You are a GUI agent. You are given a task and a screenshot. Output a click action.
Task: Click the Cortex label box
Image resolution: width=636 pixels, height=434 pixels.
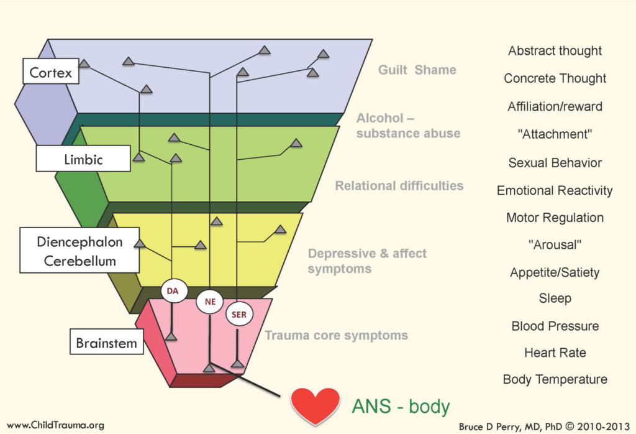click(51, 73)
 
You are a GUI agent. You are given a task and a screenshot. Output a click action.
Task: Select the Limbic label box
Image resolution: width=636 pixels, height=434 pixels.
click(83, 159)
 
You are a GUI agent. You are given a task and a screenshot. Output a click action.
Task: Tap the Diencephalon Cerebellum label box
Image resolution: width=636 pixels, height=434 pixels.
click(79, 251)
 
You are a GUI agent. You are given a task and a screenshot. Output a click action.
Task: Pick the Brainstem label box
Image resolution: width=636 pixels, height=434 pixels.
click(106, 343)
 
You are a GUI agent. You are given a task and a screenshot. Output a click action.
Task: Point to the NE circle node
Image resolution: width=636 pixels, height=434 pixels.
click(209, 302)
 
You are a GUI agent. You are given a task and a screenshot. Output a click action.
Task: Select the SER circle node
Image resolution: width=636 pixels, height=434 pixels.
click(238, 315)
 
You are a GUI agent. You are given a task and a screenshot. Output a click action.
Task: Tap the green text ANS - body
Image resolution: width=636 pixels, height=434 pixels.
click(401, 407)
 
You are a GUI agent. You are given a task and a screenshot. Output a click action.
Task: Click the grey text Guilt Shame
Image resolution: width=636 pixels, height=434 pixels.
click(417, 70)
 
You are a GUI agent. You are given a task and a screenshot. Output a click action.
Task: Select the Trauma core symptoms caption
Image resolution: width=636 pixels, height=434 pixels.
click(336, 336)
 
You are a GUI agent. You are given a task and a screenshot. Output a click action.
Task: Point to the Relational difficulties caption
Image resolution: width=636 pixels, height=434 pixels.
click(399, 185)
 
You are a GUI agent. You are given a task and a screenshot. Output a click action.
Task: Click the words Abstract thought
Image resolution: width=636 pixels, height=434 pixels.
click(555, 51)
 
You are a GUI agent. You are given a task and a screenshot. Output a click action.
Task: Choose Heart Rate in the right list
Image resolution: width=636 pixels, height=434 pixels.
click(555, 353)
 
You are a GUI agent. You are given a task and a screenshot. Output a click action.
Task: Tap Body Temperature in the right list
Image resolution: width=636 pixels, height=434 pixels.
click(555, 379)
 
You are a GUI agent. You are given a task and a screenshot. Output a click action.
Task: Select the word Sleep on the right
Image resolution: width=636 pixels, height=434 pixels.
click(555, 298)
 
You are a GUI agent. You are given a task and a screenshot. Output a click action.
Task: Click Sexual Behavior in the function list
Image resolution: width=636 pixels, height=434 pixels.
click(555, 163)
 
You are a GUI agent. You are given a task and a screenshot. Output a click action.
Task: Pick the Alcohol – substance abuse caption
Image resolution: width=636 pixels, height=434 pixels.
click(408, 126)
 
